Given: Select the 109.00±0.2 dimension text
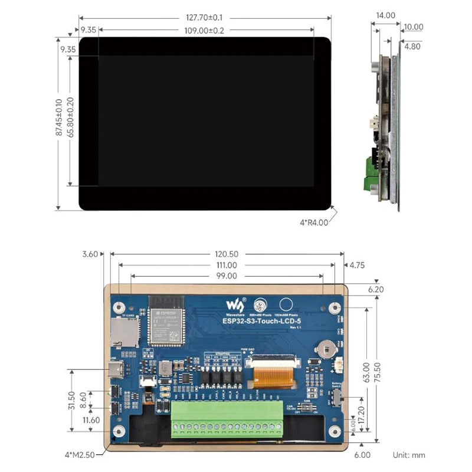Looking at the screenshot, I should tap(205, 31).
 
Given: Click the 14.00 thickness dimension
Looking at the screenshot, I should tap(385, 16).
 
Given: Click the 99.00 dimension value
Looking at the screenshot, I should tap(227, 276).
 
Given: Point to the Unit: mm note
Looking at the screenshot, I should tap(409, 455).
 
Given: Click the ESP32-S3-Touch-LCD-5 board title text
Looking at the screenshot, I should tap(262, 322).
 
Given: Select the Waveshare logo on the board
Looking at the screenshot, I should tap(234, 306).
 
